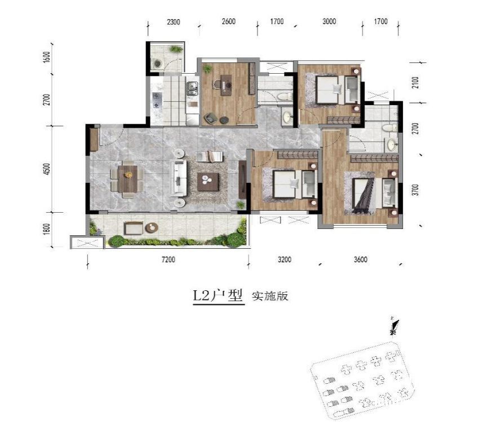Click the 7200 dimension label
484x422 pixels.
pos(168,259)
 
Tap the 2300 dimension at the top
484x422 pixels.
pos(174,22)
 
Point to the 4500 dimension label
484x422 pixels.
pos(47,169)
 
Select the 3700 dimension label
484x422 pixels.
pos(416,190)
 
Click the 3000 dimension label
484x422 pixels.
pos(329,21)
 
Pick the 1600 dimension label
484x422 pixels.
pos(47,57)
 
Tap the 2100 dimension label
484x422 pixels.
pos(416,83)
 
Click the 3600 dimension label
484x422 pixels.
pos(361,259)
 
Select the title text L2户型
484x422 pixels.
pos(219,296)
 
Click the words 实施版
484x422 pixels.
pos(270,296)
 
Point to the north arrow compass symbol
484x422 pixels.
pos(394,326)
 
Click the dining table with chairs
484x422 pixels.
pos(127,179)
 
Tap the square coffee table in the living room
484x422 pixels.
pos(208,182)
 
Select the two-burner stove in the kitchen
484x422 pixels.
pos(157,101)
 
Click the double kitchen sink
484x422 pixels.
pos(193,87)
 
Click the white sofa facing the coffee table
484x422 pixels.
pos(180,178)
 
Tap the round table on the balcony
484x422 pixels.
pos(152,227)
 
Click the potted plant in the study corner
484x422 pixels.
pos(207,69)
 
